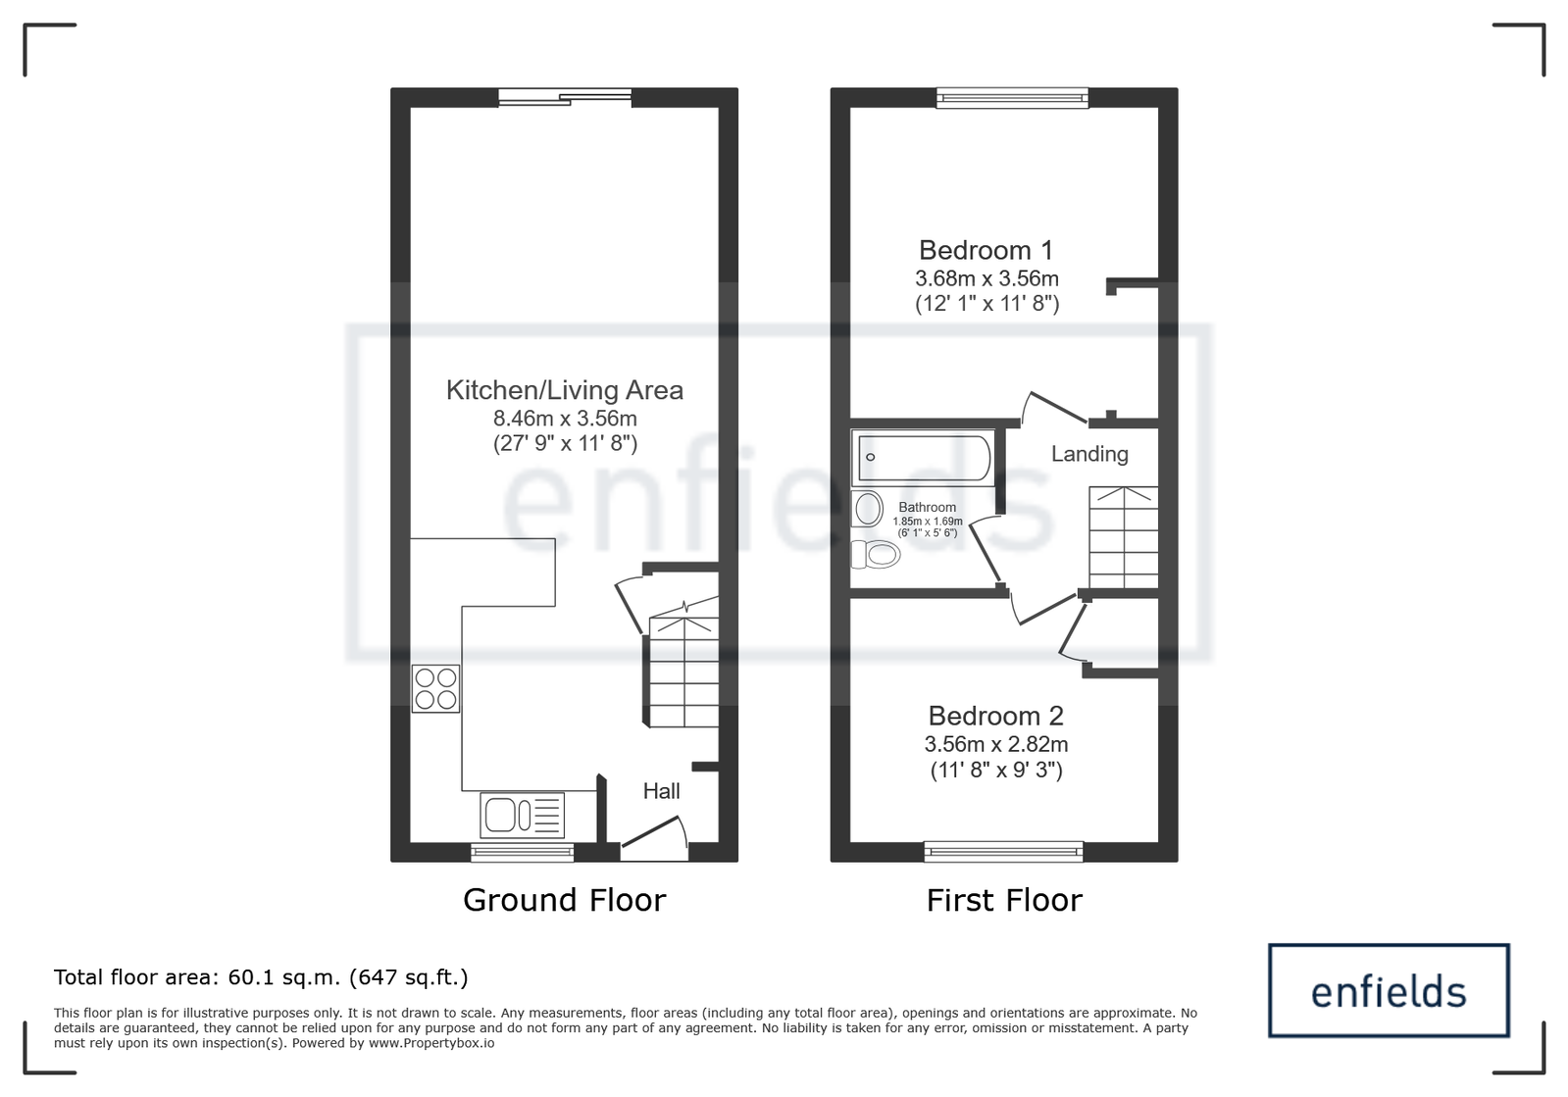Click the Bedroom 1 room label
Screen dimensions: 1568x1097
pyautogui.click(x=986, y=250)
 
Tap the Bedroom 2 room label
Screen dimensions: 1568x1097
pyautogui.click(x=995, y=716)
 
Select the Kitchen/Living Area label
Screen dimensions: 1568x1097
pyautogui.click(x=564, y=390)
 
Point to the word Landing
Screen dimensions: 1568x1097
pyautogui.click(x=1089, y=454)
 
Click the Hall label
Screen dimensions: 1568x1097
pyautogui.click(x=662, y=791)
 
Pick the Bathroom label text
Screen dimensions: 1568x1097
pyautogui.click(x=927, y=507)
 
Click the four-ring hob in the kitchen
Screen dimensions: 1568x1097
pyautogui.click(x=435, y=688)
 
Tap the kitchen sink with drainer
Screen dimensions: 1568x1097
pyautogui.click(x=523, y=815)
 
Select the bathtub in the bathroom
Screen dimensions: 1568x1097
pyautogui.click(x=924, y=458)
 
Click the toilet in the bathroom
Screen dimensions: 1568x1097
pyautogui.click(x=875, y=555)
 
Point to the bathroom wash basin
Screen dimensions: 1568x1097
pyautogui.click(x=867, y=509)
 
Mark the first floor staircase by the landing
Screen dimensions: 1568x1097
pyautogui.click(x=1124, y=537)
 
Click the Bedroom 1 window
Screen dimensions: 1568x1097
pyautogui.click(x=1012, y=98)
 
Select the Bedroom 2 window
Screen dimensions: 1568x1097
pyautogui.click(x=1004, y=852)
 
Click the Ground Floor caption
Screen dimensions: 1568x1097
pyautogui.click(x=564, y=900)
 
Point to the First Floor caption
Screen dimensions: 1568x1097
pyautogui.click(x=1004, y=900)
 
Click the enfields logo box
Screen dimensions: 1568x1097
pyautogui.click(x=1389, y=991)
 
